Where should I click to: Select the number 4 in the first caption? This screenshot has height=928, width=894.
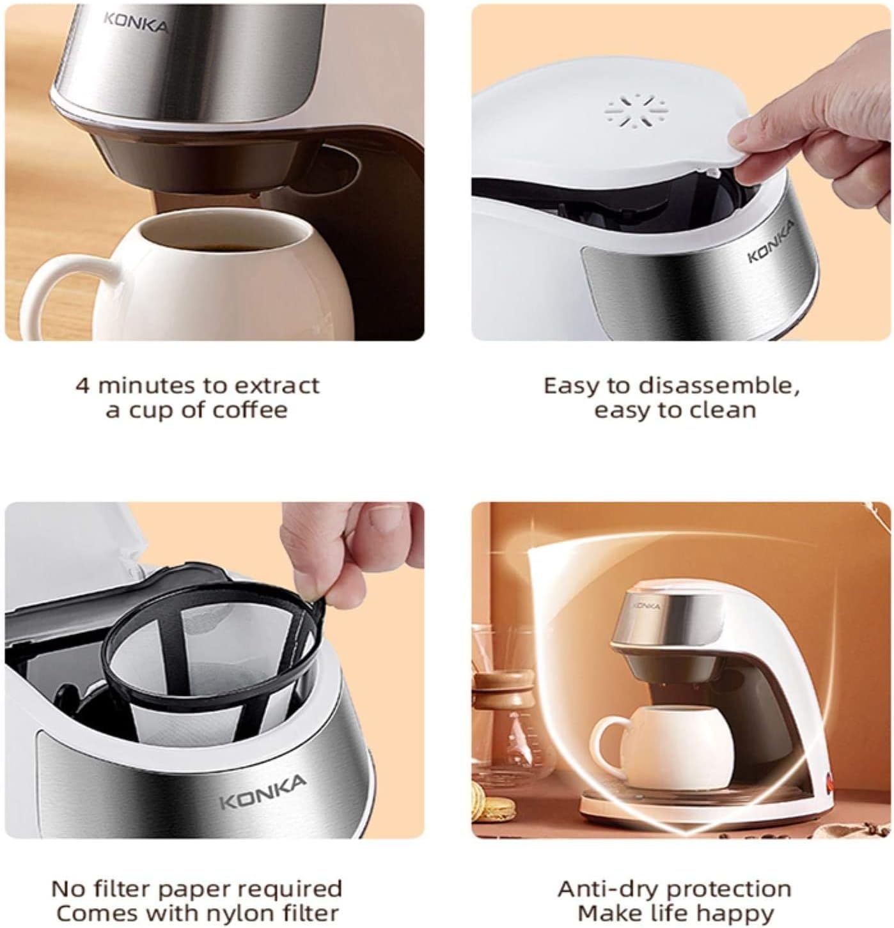[x=82, y=385]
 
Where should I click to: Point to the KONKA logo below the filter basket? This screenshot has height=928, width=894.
[x=263, y=793]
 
